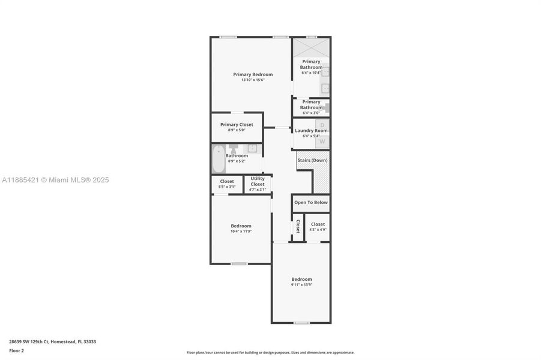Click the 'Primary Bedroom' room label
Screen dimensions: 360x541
tap(253, 74)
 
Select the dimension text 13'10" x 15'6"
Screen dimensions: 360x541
tap(253, 80)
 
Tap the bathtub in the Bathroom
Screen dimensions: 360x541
tap(218, 159)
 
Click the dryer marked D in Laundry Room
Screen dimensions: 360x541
tap(322, 125)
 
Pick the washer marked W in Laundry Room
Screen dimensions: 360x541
tap(322, 142)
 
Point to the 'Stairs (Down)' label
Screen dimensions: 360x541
tap(312, 160)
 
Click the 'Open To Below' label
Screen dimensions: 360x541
tap(311, 202)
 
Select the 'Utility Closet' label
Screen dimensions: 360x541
tap(258, 182)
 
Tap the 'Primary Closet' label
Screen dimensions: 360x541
tap(237, 125)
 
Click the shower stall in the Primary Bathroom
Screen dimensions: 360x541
tap(311, 47)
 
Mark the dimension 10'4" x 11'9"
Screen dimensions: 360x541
tap(241, 231)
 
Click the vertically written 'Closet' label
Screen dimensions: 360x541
tap(298, 226)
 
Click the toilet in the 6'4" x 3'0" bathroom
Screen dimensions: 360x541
tap(327, 108)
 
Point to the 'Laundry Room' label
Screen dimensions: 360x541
tap(311, 130)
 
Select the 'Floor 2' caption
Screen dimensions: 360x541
tap(17, 350)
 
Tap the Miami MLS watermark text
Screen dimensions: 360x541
tap(55, 180)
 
